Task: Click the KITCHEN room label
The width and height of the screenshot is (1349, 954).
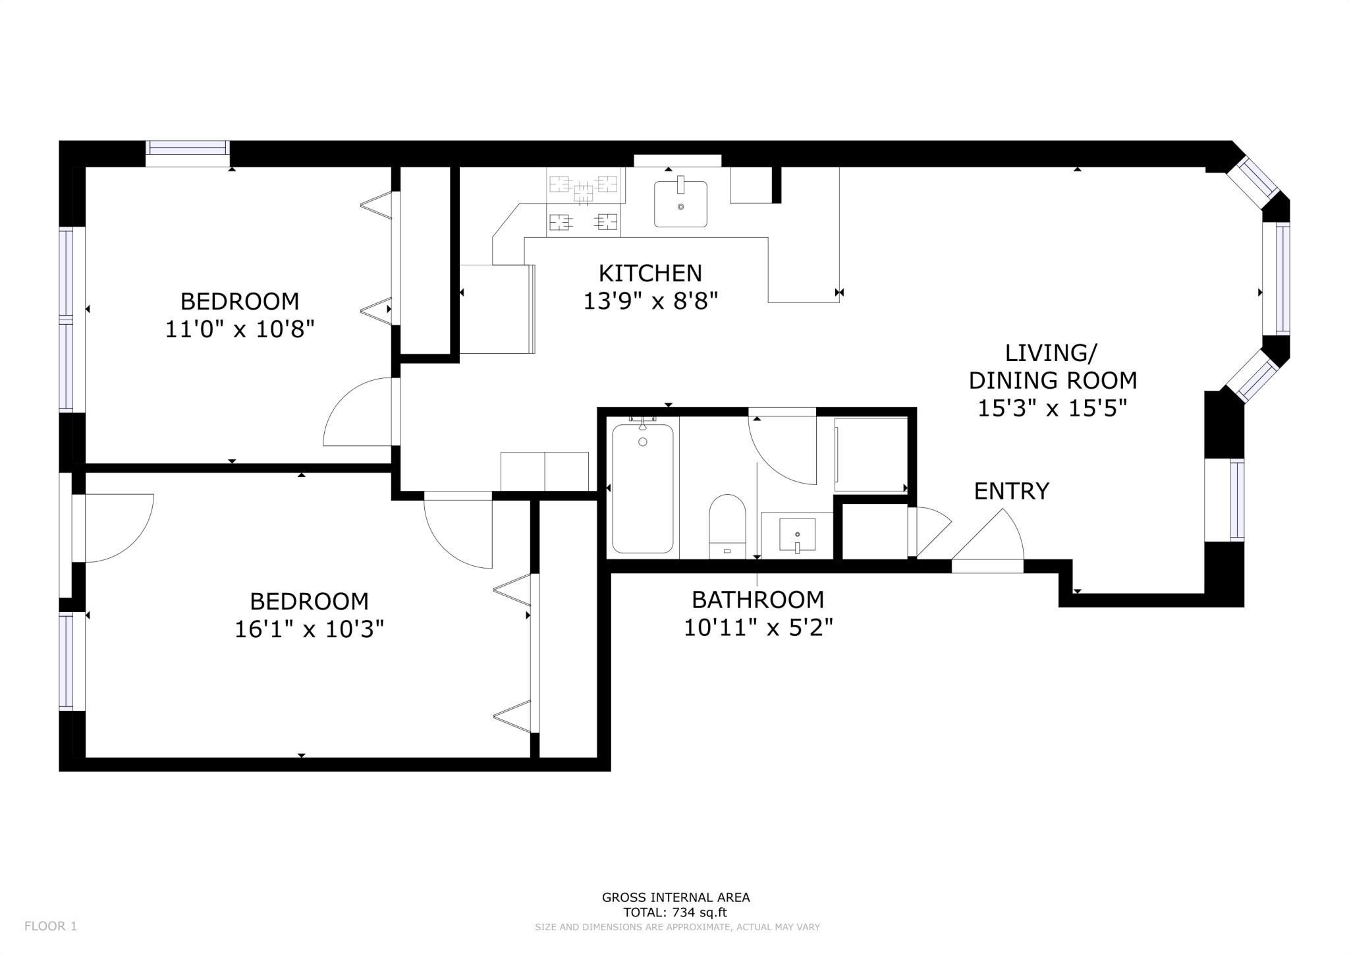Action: pyautogui.click(x=650, y=273)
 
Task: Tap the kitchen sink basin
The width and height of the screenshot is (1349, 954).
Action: pyautogui.click(x=680, y=205)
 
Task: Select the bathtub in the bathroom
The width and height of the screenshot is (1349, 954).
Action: pyautogui.click(x=642, y=488)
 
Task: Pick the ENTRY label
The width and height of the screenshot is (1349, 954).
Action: pyautogui.click(x=1011, y=491)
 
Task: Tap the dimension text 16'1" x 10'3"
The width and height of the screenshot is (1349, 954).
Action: pyautogui.click(x=309, y=630)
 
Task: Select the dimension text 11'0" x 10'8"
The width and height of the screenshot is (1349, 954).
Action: pyautogui.click(x=240, y=329)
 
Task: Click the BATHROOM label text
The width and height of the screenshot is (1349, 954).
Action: pyautogui.click(x=757, y=600)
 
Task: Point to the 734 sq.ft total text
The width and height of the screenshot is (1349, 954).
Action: pyautogui.click(x=675, y=912)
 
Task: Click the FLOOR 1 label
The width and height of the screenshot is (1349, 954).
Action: pyautogui.click(x=51, y=926)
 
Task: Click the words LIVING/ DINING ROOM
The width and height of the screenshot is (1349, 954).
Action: pyautogui.click(x=1052, y=367)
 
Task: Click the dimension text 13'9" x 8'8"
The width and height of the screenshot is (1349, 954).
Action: pyautogui.click(x=650, y=301)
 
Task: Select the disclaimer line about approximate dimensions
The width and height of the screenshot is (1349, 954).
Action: pyautogui.click(x=677, y=927)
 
